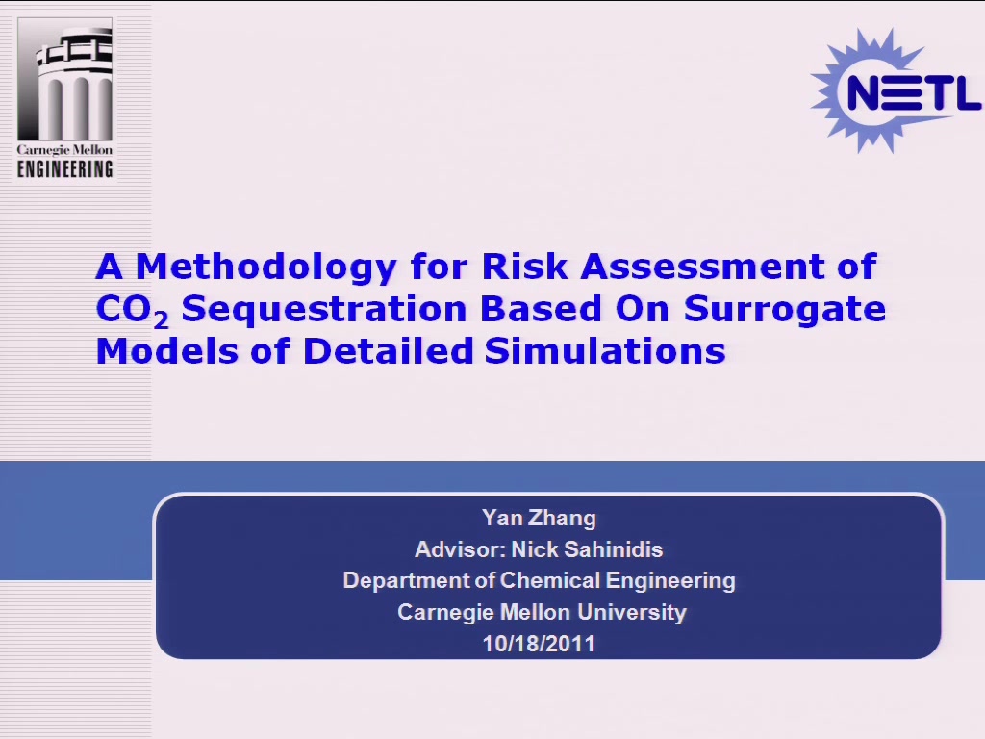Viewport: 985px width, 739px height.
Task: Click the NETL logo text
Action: [914, 92]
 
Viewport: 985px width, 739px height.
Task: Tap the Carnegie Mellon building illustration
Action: [65, 79]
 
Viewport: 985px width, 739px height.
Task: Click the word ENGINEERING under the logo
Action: [65, 169]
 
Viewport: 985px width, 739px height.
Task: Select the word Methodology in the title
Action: [266, 268]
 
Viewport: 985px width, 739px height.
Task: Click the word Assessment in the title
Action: [702, 266]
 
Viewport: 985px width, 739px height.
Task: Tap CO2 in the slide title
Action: [132, 311]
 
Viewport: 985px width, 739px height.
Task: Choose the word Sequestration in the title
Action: [324, 310]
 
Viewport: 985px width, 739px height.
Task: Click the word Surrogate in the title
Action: [785, 310]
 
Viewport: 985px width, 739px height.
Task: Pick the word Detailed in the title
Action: [388, 350]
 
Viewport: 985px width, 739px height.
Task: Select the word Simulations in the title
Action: [605, 350]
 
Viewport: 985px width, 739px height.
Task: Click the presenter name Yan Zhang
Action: [539, 518]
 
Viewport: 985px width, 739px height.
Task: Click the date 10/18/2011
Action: [539, 644]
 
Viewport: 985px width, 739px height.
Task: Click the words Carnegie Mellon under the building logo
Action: [64, 150]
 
